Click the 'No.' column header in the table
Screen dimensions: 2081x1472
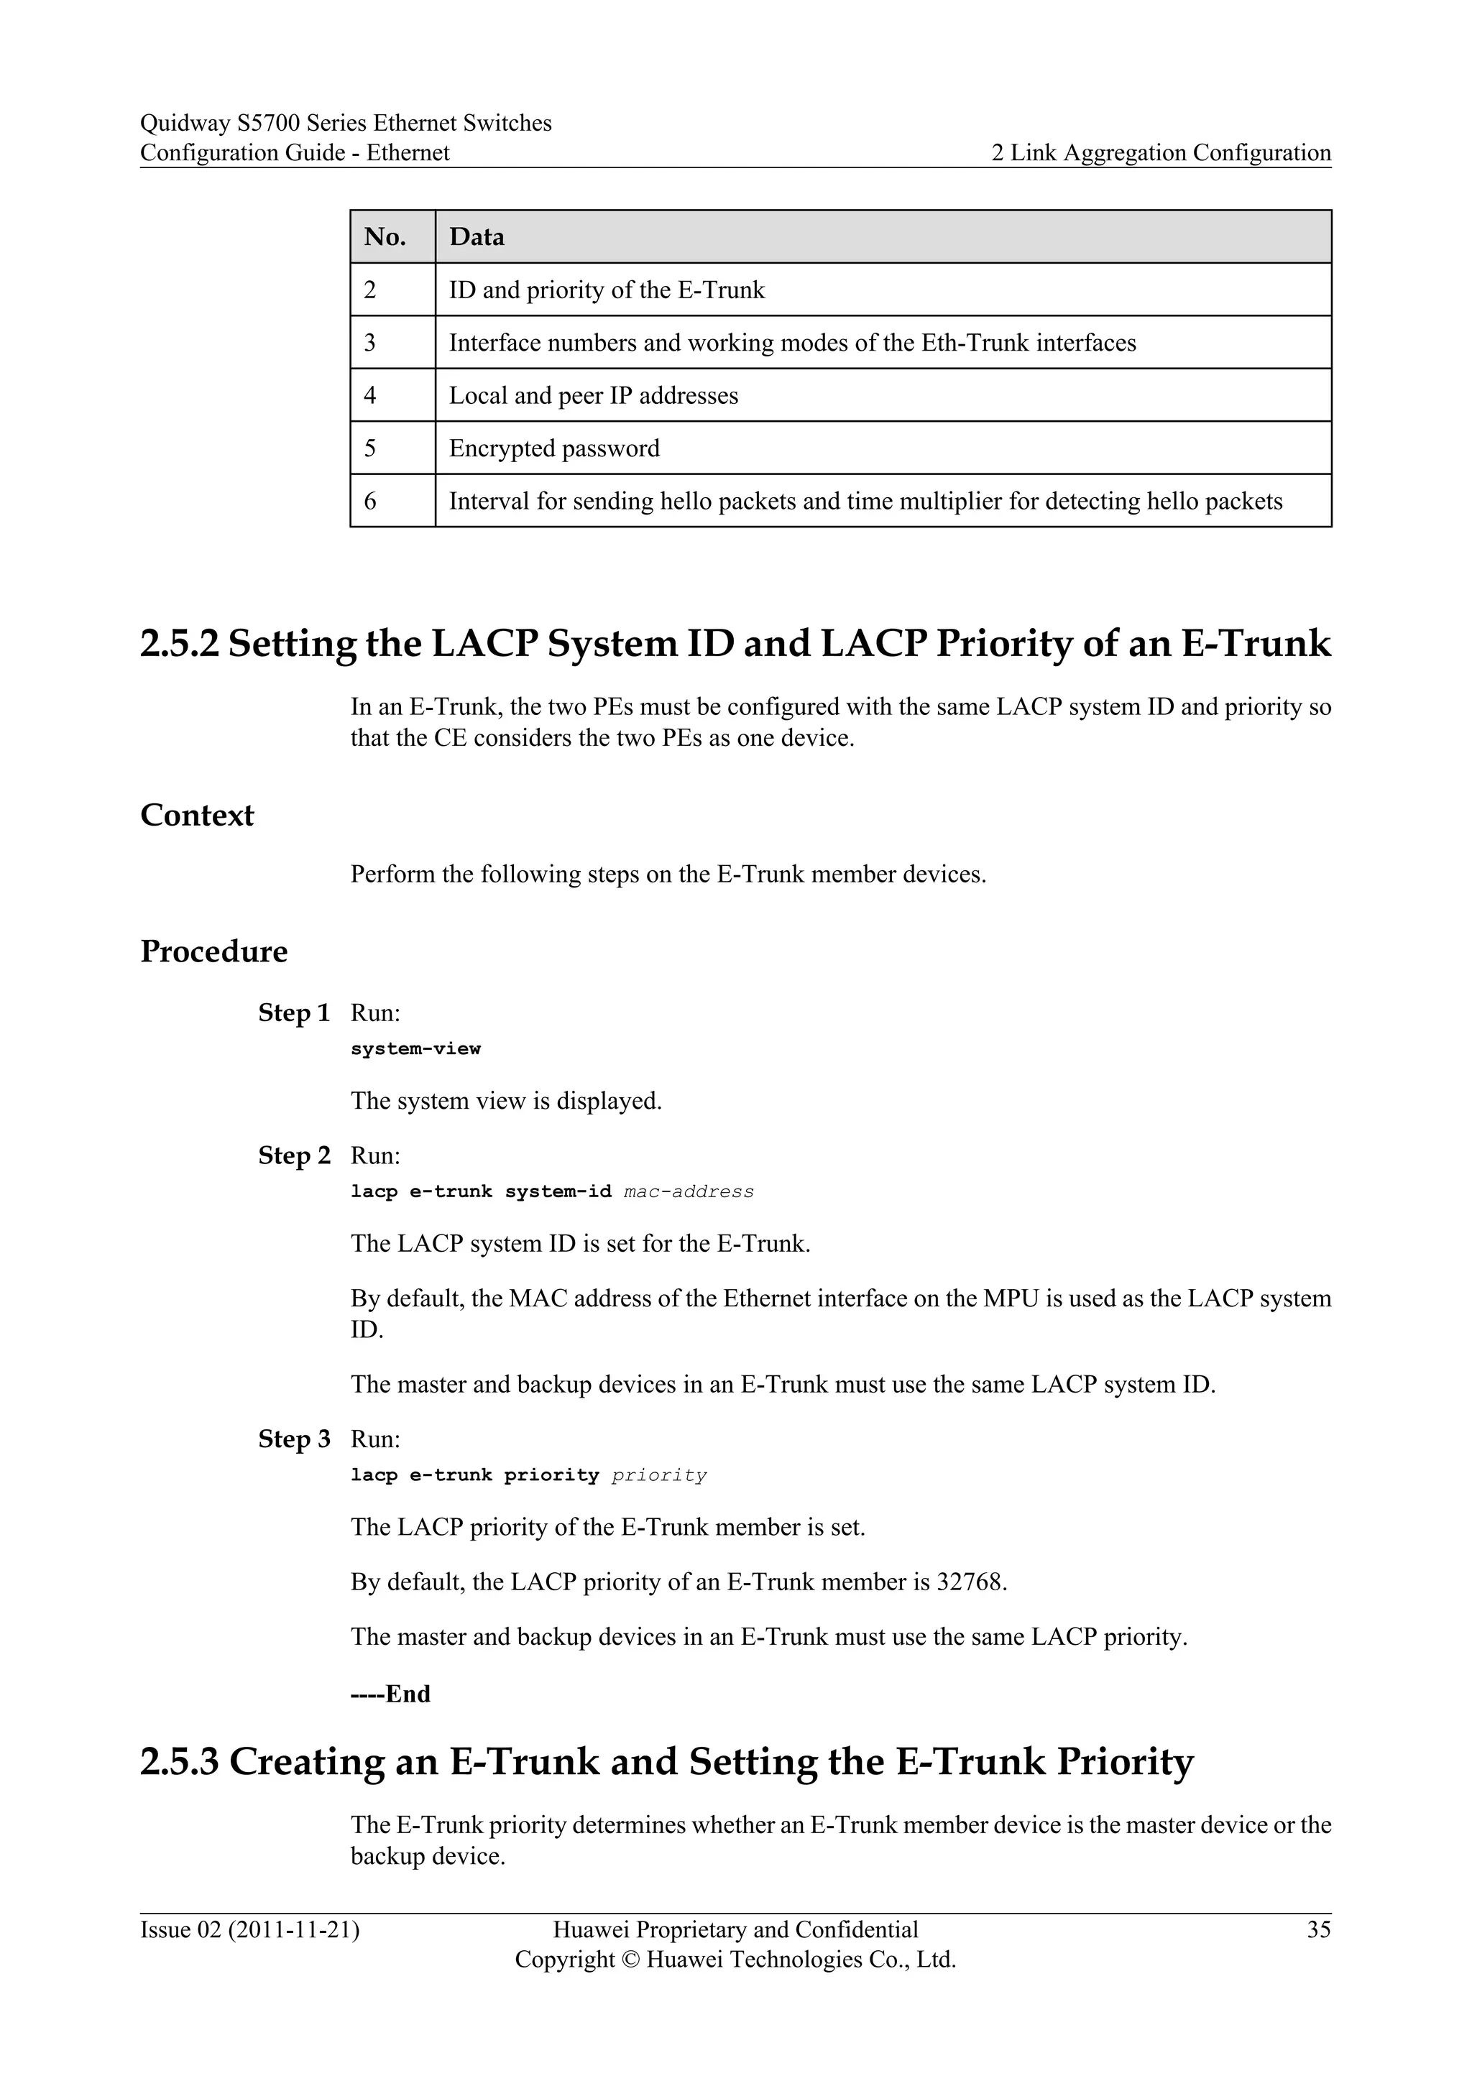385,237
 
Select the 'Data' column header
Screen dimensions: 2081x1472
477,237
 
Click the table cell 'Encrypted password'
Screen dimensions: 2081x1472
554,448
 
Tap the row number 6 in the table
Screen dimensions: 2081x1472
370,502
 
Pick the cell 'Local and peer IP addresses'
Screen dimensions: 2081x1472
594,396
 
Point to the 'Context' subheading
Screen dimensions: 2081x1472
197,816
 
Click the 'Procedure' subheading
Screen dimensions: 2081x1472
214,951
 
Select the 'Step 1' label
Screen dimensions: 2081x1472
294,1013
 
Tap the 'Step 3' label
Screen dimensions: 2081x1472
294,1439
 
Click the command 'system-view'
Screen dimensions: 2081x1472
415,1048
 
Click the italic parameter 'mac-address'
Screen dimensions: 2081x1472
689,1192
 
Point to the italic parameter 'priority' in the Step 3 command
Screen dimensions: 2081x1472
659,1475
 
